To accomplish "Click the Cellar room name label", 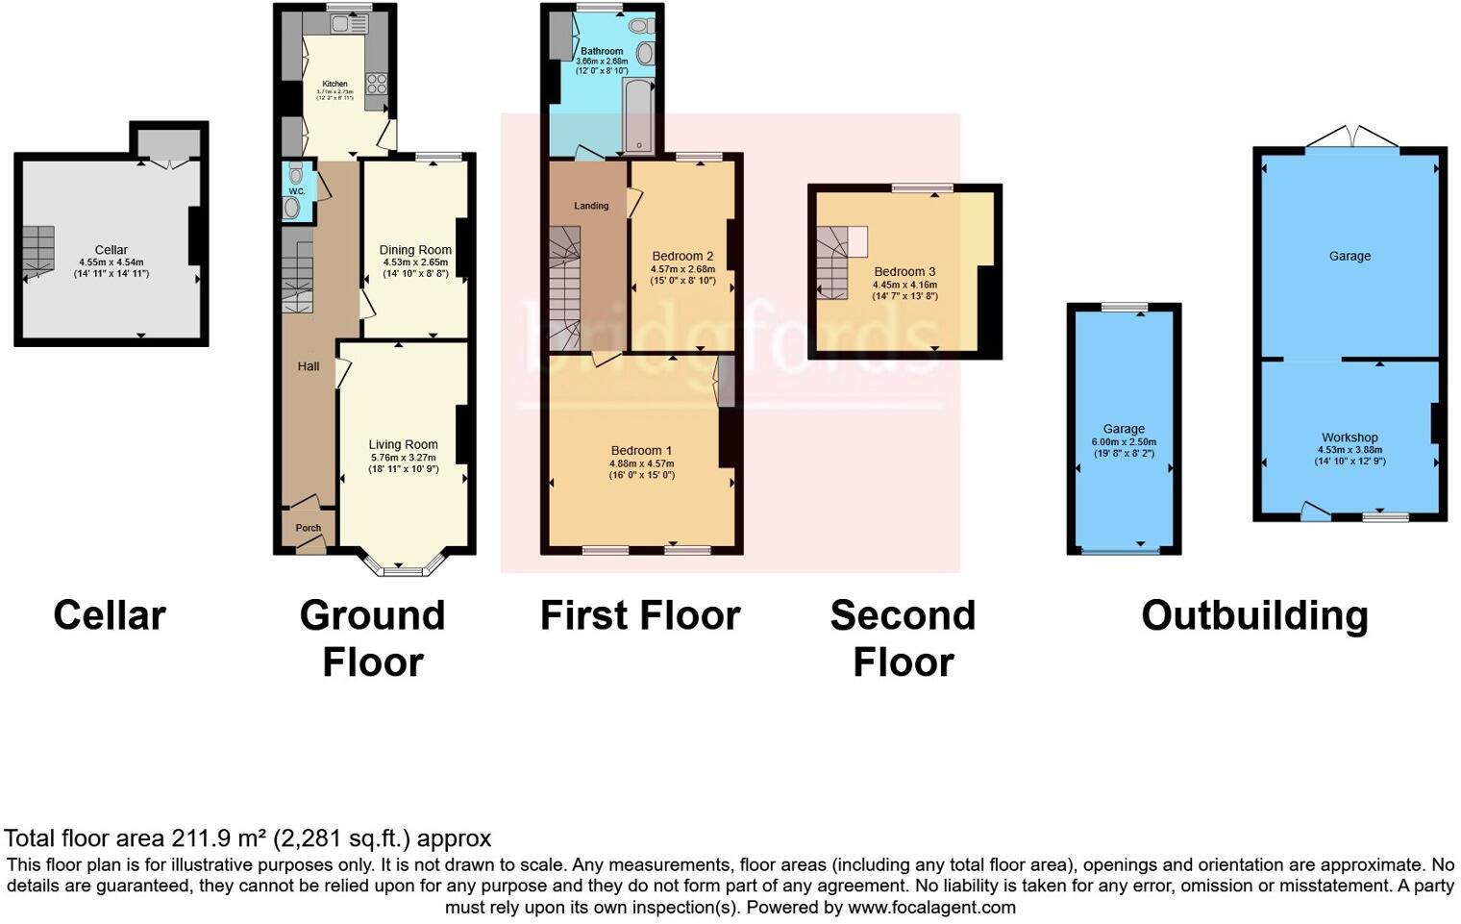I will (111, 250).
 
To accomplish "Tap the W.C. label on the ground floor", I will (297, 191).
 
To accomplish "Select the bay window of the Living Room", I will (403, 565).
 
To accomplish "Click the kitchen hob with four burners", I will (375, 84).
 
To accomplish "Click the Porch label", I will (308, 528).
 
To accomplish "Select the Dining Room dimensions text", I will (415, 268).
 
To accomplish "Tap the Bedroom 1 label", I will (641, 450).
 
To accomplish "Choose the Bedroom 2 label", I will (682, 256).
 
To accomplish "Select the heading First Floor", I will (640, 615).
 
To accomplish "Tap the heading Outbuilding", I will (1254, 615).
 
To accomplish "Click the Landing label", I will (591, 206).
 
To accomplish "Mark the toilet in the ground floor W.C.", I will (292, 207).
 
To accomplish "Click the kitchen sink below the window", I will (342, 23).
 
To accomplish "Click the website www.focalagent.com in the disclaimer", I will (931, 907).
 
